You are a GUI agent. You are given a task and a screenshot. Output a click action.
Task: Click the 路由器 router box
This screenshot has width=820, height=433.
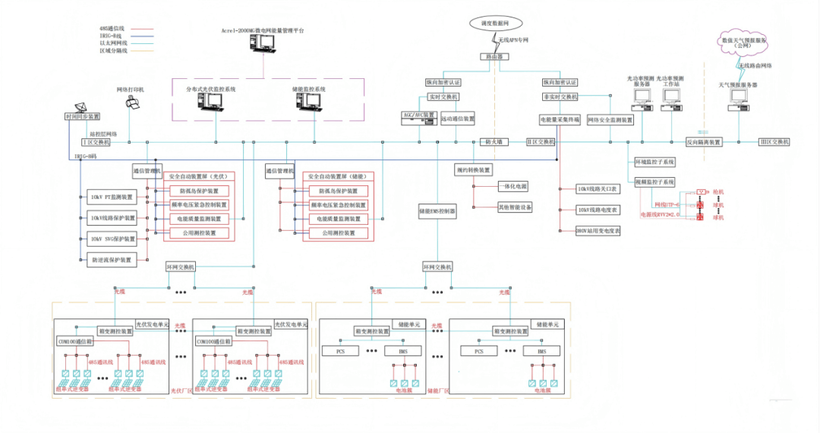click(x=490, y=57)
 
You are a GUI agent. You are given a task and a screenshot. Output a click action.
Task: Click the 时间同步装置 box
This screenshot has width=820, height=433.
click(x=83, y=117)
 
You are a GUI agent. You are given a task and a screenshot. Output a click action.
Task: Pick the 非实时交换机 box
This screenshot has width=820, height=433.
click(x=560, y=97)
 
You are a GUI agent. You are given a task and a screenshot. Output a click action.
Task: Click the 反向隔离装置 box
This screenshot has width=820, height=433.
click(x=704, y=142)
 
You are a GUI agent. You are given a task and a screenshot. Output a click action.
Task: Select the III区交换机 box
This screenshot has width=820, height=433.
click(x=774, y=142)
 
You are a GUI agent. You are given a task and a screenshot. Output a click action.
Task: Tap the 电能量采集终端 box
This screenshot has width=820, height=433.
click(x=560, y=120)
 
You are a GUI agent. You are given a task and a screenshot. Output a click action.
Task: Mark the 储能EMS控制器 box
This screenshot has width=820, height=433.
click(x=437, y=210)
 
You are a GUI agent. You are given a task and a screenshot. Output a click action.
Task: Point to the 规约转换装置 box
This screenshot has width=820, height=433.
click(x=474, y=170)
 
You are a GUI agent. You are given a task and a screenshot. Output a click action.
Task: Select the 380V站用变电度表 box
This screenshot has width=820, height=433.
click(x=598, y=231)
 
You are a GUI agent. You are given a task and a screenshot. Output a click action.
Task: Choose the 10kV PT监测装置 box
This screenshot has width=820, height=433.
click(x=112, y=198)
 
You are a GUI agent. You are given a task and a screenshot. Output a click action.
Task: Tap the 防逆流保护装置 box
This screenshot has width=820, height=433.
click(x=112, y=260)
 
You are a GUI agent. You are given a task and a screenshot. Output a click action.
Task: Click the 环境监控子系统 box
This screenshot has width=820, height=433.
click(x=654, y=162)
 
